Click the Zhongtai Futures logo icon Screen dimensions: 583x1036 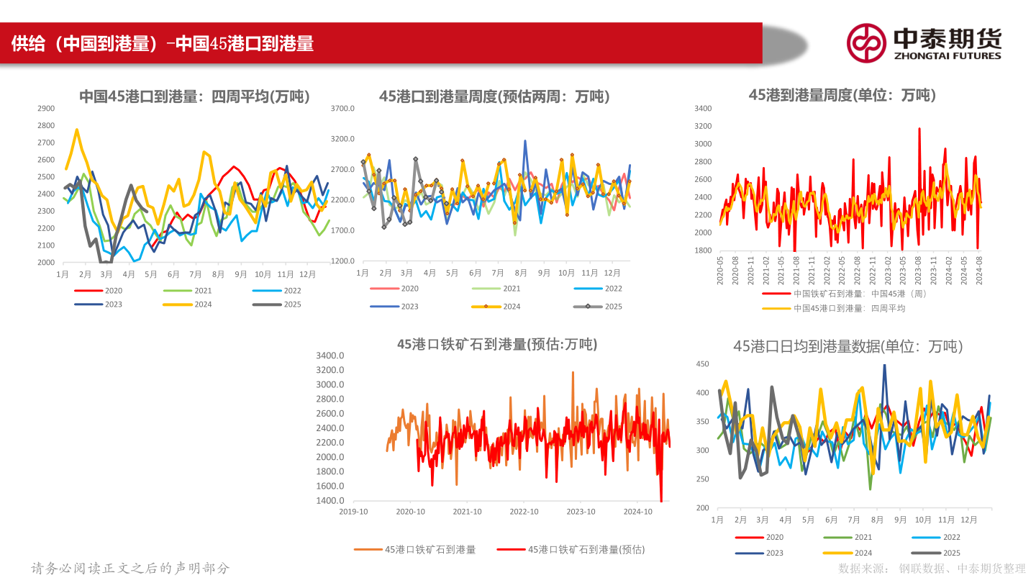coord(865,43)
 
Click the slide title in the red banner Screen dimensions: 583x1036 coord(163,44)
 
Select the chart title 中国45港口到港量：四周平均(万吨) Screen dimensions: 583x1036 coord(194,96)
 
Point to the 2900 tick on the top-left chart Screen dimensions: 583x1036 coord(45,109)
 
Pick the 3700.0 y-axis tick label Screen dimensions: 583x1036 coord(342,109)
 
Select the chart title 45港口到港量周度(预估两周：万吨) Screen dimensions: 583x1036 coord(494,96)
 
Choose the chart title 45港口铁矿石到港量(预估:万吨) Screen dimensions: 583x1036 coord(496,345)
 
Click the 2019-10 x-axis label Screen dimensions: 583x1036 coord(353,512)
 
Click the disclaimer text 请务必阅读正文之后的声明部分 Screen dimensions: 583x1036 coord(130,569)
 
